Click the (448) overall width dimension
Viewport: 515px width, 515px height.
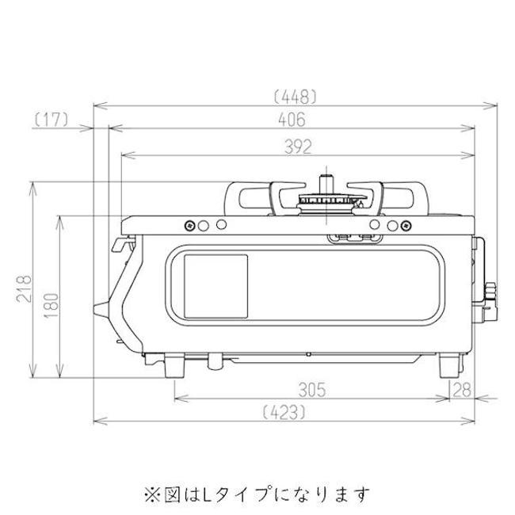295,97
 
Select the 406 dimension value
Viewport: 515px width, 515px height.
292,120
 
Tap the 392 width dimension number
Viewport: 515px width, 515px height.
298,147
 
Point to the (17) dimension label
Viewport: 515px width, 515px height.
51,120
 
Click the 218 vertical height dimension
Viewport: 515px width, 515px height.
25,288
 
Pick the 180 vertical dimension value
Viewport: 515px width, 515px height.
51,306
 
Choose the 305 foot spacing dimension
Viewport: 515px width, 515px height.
312,390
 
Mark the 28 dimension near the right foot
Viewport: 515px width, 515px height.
462,390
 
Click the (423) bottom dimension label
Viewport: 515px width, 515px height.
284,412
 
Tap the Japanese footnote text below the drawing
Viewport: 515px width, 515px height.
257,494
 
